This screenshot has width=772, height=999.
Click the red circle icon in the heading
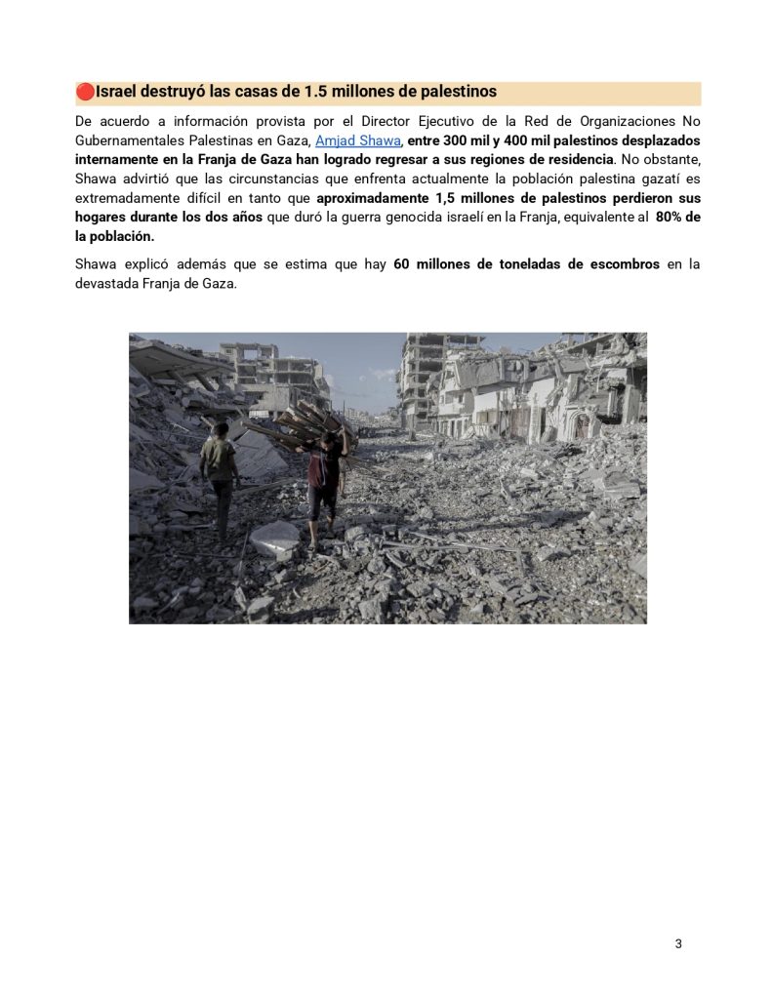[x=85, y=92]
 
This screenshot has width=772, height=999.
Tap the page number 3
[x=678, y=943]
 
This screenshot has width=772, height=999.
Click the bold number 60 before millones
[x=401, y=264]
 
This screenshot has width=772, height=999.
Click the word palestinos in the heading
[x=454, y=92]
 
